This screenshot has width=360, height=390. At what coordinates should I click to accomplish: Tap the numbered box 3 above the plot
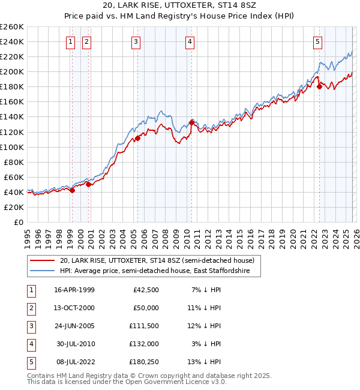[136, 41]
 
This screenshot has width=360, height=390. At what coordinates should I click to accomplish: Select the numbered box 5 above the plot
[317, 41]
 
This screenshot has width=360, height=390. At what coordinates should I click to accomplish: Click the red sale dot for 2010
[191, 122]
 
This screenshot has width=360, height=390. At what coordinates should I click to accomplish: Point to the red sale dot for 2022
[319, 86]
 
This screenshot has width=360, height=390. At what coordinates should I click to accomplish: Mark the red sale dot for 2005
[137, 138]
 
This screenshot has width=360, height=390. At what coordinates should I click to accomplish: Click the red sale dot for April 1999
[72, 190]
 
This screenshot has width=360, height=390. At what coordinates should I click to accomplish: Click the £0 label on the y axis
[19, 222]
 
